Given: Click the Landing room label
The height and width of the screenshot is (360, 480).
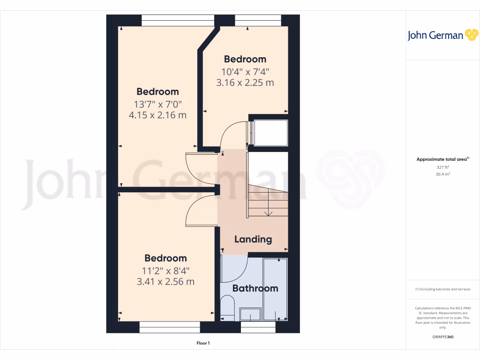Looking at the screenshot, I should click(253, 239).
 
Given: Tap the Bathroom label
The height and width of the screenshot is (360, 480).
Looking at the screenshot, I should click(255, 288).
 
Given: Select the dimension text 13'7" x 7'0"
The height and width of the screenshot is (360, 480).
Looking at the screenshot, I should click(157, 104).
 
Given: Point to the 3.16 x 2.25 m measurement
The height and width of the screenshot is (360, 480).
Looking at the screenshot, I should click(245, 83).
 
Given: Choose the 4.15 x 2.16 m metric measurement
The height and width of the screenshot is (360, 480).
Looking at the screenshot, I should click(157, 115).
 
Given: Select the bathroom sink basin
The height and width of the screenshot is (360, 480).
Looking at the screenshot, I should click(250, 313).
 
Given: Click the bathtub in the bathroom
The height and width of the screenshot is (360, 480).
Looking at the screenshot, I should click(275, 289).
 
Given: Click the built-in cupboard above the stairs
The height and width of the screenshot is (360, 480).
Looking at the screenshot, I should click(270, 133).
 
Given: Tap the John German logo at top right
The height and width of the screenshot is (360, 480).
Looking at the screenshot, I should click(442, 35).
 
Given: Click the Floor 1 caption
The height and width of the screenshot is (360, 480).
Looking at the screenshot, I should click(203, 343).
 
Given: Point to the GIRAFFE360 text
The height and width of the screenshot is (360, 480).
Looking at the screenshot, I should click(443, 337).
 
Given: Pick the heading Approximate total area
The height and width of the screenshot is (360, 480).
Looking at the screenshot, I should click(442, 159).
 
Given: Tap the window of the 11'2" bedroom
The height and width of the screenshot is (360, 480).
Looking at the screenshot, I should click(170, 327).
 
